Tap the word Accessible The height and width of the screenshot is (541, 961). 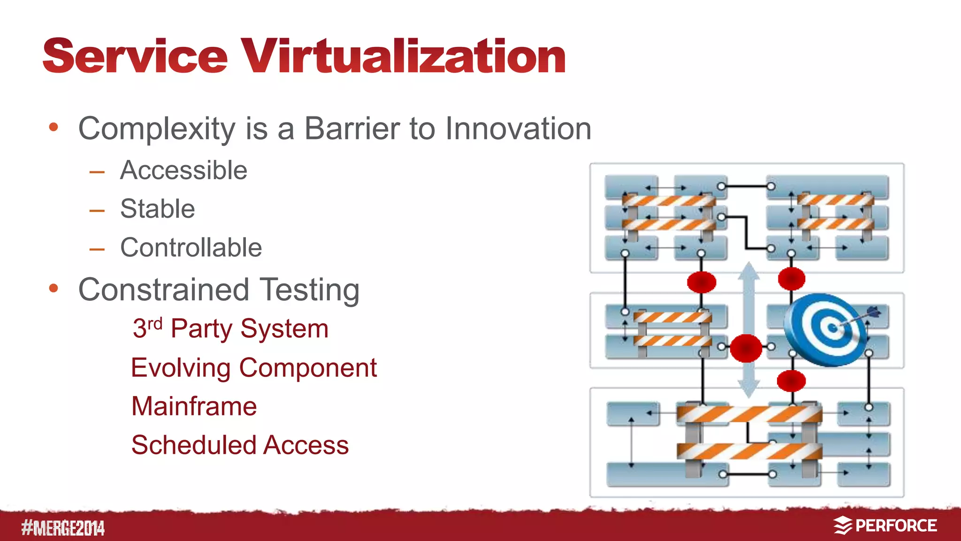(183, 170)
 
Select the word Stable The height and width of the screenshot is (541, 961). (157, 209)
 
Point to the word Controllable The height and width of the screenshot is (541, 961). (191, 248)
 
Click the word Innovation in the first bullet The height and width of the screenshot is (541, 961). (518, 129)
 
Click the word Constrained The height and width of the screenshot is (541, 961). (163, 290)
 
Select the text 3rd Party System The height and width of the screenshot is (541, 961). (230, 328)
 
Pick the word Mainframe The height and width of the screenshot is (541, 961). (194, 406)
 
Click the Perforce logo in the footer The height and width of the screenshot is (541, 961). (885, 526)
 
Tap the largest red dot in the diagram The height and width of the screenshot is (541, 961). (746, 348)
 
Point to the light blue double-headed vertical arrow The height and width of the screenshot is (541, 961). (749, 328)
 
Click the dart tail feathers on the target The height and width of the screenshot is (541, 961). (874, 312)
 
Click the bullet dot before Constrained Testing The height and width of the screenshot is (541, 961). (53, 288)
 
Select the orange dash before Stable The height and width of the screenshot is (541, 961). (97, 211)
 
